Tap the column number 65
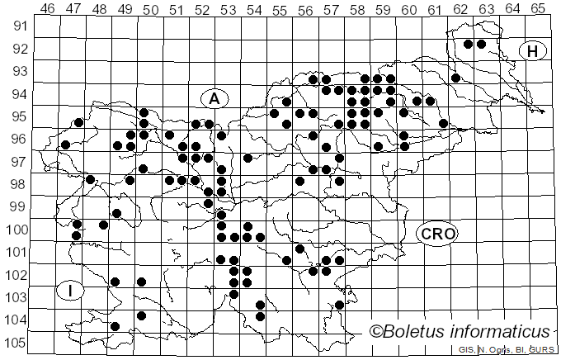click(538, 9)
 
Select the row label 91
click(19, 26)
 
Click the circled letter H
click(533, 51)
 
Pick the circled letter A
click(214, 98)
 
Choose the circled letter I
click(72, 290)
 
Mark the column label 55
click(280, 9)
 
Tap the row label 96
click(19, 139)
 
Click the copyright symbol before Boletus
click(375, 332)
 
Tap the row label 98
click(19, 183)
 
